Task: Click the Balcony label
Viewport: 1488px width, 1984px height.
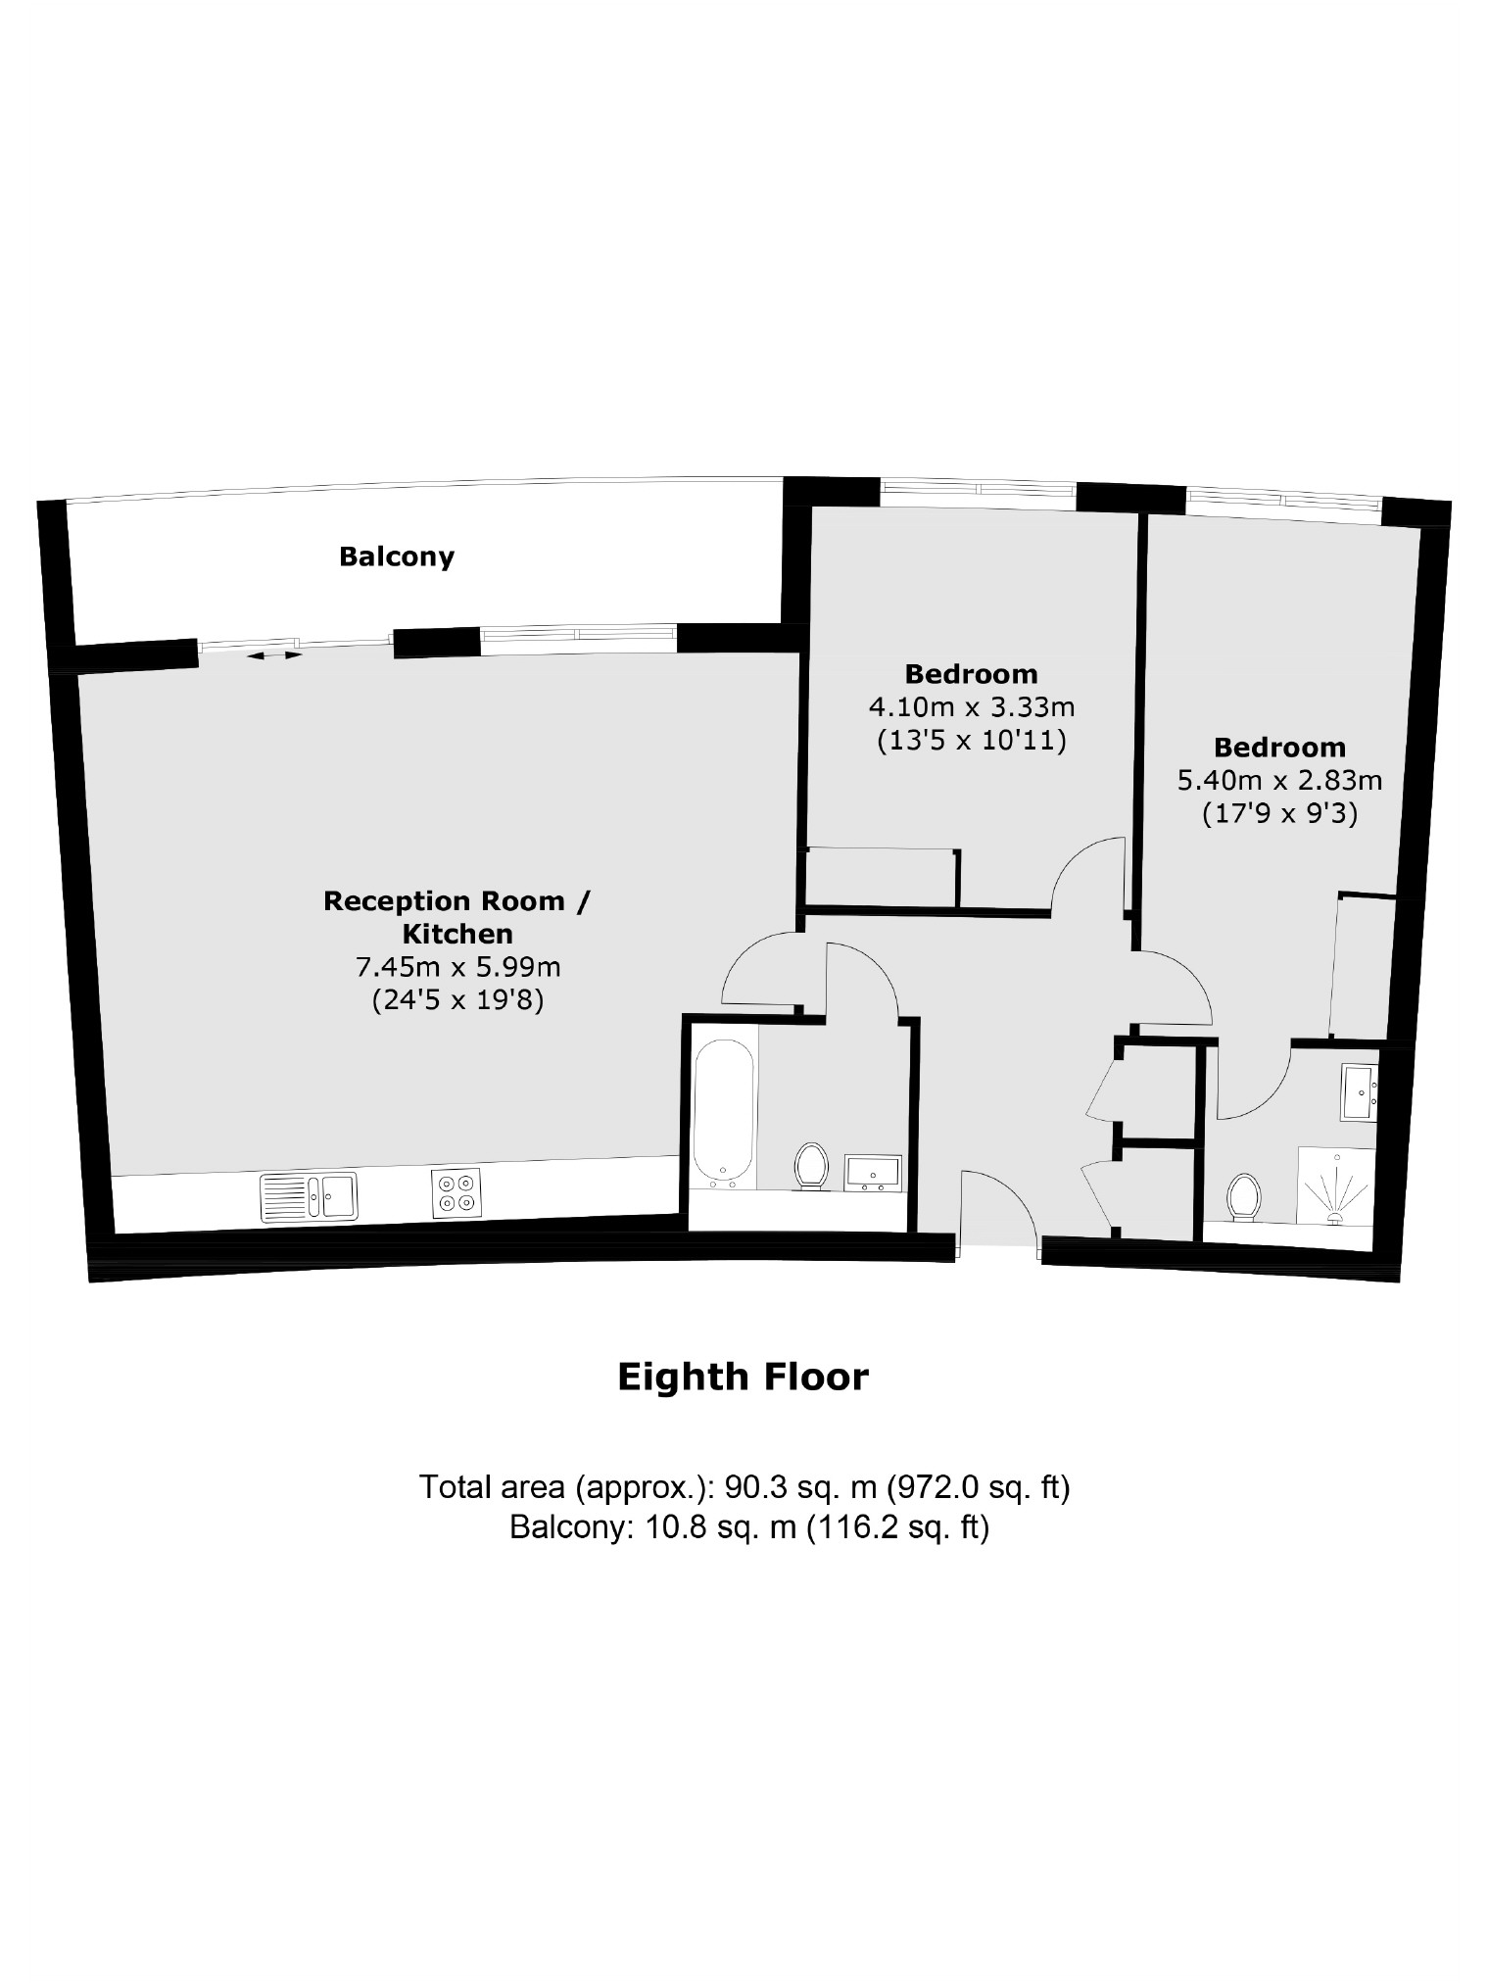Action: pyautogui.click(x=397, y=556)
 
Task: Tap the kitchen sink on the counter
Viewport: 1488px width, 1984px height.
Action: pyautogui.click(x=309, y=1196)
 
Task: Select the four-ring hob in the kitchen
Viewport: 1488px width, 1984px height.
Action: pyautogui.click(x=456, y=1193)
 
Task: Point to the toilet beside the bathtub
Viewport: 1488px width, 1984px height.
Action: pyautogui.click(x=811, y=1165)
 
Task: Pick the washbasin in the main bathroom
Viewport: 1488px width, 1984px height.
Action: pyautogui.click(x=874, y=1173)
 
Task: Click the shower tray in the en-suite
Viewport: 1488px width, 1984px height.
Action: pyautogui.click(x=1335, y=1186)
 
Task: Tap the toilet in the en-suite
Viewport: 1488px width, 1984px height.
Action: pyautogui.click(x=1243, y=1196)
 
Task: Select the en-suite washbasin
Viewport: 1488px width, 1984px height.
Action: pyautogui.click(x=1359, y=1092)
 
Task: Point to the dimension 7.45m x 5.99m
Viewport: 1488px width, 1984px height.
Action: pyautogui.click(x=457, y=967)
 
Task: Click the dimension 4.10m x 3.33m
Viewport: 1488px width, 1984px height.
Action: pyautogui.click(x=971, y=705)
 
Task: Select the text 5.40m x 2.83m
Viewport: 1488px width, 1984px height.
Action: pyautogui.click(x=1278, y=780)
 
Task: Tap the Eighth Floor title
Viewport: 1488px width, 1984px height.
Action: pyautogui.click(x=743, y=1377)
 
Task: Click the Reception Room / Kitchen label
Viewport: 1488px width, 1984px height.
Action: pyautogui.click(x=457, y=916)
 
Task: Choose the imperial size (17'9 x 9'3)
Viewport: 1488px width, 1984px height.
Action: pyautogui.click(x=1278, y=813)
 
